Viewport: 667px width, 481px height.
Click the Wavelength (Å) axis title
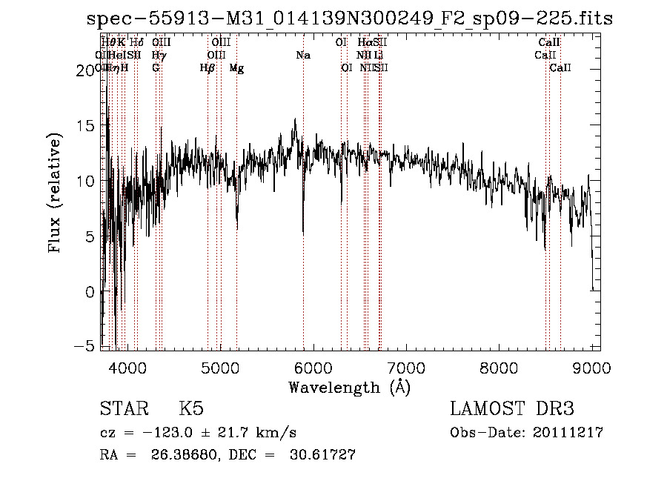click(x=349, y=387)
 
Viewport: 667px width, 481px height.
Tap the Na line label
click(x=302, y=55)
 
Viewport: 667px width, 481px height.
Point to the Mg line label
click(x=236, y=68)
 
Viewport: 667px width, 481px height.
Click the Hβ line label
click(x=208, y=68)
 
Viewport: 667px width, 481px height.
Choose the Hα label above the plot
click(x=364, y=42)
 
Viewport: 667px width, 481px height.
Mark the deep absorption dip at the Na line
click(x=303, y=231)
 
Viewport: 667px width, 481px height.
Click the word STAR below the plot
click(x=124, y=409)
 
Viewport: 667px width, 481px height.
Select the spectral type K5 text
click(x=191, y=409)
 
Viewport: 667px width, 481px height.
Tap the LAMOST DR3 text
click(x=512, y=409)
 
